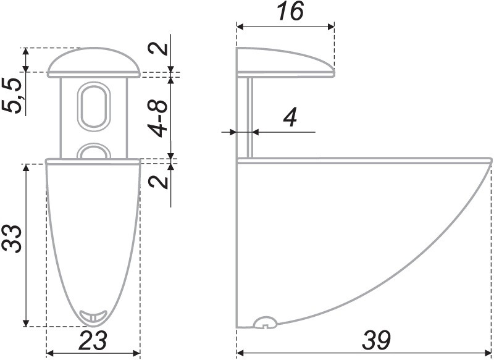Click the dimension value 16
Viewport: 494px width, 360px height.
290,12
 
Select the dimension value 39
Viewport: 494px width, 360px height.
376,340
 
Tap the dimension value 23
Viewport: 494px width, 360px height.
93,340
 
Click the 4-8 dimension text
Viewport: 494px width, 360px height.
157,119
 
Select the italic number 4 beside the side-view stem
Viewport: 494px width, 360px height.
290,119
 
